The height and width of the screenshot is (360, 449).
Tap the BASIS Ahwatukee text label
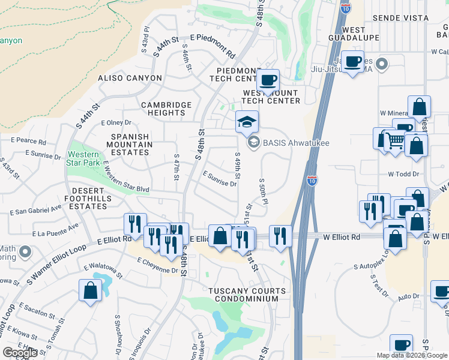(292, 142)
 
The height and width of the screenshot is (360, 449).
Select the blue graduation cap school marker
(247, 122)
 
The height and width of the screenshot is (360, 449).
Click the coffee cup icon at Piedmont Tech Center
(268, 80)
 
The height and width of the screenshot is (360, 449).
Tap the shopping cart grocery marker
(394, 142)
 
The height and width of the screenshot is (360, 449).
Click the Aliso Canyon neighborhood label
(130, 78)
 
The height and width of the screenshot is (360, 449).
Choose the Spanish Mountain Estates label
(130, 145)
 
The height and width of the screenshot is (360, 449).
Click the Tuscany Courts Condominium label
(243, 295)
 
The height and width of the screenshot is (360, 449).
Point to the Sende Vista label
(401, 18)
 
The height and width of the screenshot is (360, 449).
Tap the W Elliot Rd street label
(342, 237)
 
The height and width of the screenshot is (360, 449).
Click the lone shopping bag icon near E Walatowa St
(90, 291)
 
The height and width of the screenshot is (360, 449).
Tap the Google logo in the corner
(21, 353)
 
